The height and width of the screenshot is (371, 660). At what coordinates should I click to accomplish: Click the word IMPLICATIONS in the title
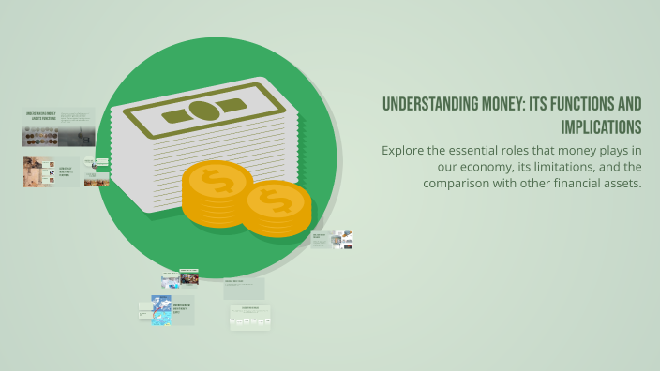[x=601, y=126]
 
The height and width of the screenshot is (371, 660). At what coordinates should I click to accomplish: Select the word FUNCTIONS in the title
[x=571, y=105]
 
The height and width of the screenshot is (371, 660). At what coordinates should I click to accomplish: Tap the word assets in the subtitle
[x=619, y=183]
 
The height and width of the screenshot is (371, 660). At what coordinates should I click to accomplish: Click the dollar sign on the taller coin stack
[x=217, y=181]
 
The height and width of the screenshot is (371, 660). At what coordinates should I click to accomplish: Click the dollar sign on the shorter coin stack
[x=277, y=200]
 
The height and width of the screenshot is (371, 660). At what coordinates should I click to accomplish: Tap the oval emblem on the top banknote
[x=202, y=111]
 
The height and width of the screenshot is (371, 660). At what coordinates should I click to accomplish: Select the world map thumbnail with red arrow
[x=161, y=310]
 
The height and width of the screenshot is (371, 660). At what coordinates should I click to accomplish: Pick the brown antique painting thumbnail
[x=38, y=171]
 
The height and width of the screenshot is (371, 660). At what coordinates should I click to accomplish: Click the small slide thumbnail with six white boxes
[x=249, y=319]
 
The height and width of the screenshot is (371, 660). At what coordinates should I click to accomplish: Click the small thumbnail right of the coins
[x=334, y=240]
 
